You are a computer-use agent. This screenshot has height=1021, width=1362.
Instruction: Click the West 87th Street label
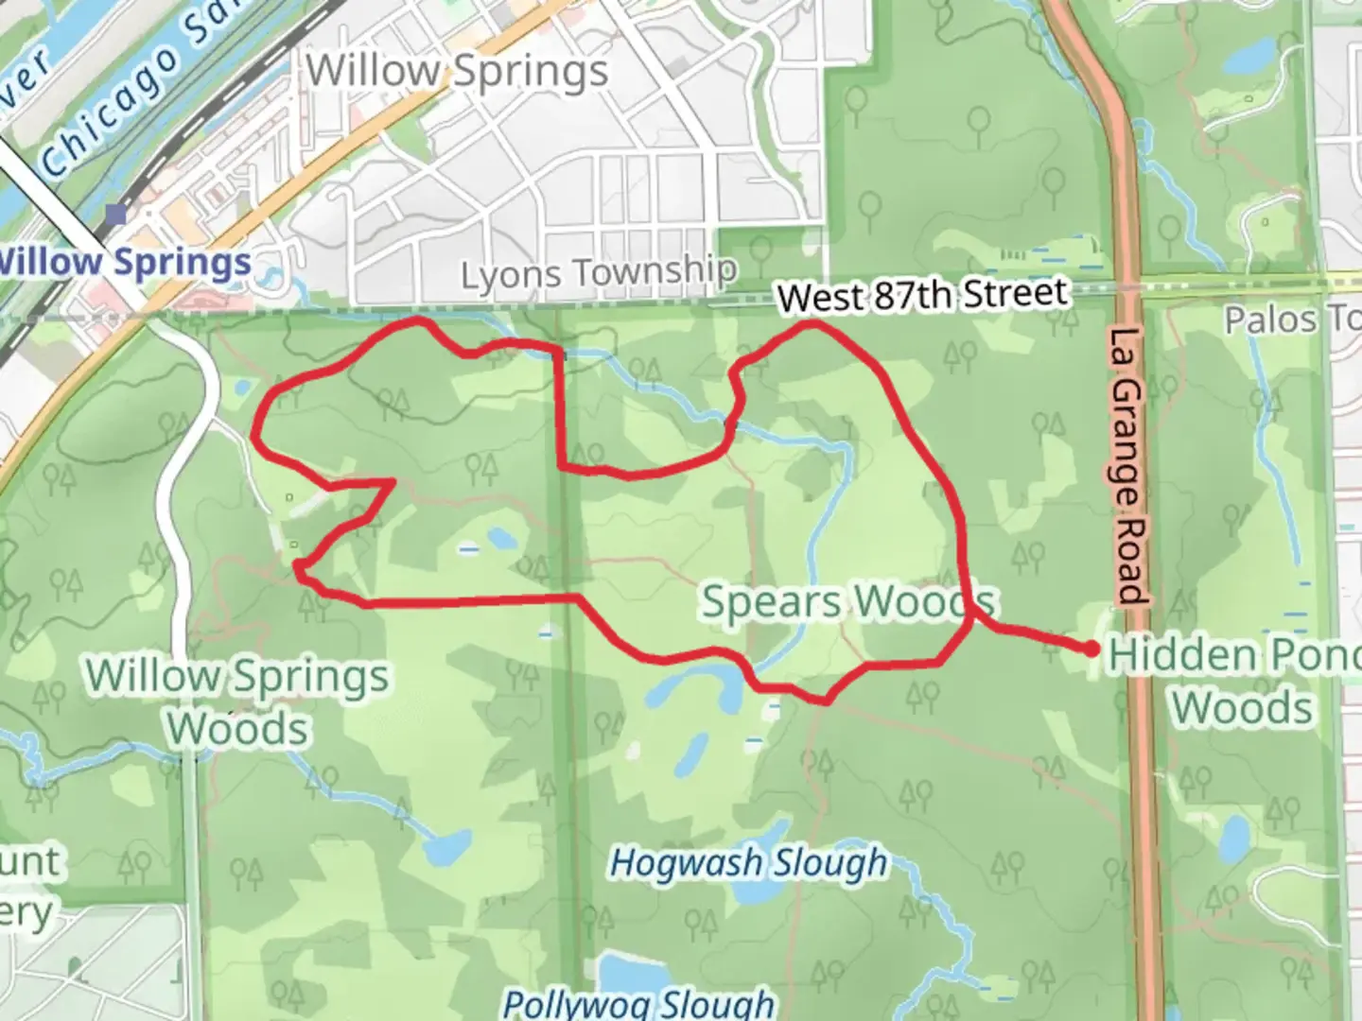tap(923, 296)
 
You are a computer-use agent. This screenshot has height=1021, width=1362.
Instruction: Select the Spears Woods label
tap(847, 602)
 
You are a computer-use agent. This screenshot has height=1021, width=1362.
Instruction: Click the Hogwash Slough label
tap(749, 863)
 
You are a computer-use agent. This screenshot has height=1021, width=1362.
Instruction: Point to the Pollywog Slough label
tap(638, 1003)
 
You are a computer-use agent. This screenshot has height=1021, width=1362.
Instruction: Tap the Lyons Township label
tap(599, 273)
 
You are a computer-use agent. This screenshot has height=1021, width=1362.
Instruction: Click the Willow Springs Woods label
tap(237, 701)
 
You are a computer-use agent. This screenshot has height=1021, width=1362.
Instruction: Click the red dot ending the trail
tap(1091, 649)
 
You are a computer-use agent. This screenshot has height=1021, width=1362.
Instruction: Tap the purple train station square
tap(115, 216)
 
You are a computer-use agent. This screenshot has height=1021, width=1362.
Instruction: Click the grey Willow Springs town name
tap(457, 71)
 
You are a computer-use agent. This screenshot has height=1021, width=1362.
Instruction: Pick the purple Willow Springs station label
tap(126, 262)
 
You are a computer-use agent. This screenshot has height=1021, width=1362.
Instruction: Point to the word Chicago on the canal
tap(112, 112)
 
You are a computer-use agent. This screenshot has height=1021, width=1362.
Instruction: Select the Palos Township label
tap(1292, 320)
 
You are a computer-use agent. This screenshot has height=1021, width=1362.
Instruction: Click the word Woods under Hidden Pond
tap(1243, 707)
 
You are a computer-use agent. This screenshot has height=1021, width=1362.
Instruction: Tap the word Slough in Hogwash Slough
tap(829, 863)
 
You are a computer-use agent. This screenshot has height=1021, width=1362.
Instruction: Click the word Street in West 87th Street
tap(1015, 293)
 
